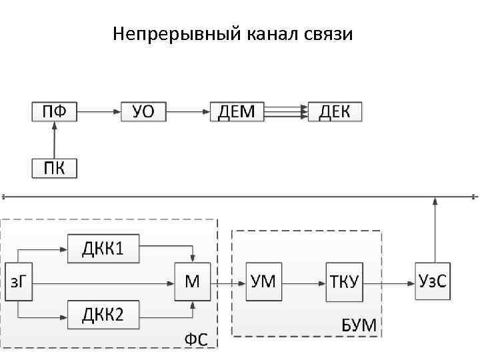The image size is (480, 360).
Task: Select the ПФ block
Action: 55,111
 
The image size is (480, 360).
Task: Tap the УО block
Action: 143,111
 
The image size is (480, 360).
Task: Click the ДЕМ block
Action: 237,111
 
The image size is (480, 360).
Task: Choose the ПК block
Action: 55,167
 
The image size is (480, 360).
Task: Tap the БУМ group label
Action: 359,326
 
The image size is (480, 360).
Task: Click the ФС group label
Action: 201,339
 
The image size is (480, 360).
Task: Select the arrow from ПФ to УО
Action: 99,111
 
